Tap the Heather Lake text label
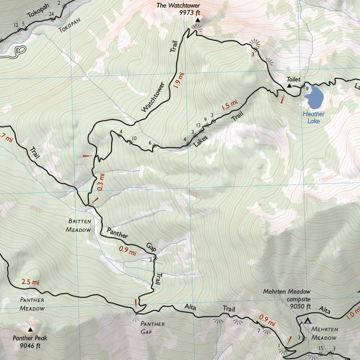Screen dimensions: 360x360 click(x=313, y=118)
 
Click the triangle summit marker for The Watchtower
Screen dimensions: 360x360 click(x=197, y=20)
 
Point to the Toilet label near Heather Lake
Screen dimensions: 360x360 click(x=293, y=79)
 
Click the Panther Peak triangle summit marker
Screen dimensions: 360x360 click(x=31, y=330)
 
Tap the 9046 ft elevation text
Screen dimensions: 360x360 click(x=30, y=346)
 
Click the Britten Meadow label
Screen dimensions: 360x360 click(x=78, y=226)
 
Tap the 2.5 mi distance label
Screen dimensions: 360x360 click(x=30, y=282)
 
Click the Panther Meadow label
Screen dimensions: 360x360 click(x=32, y=304)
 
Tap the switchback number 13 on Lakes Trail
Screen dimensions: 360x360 click(x=198, y=125)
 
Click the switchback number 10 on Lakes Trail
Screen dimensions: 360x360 click(x=134, y=138)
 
